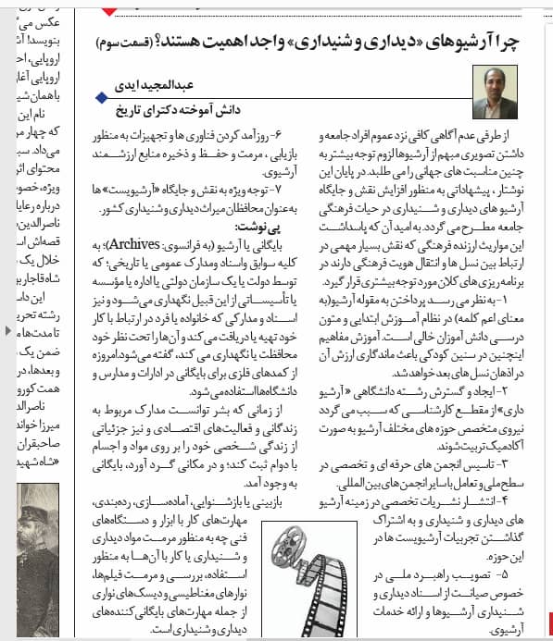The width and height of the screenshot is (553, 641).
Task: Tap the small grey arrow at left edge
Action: (8, 329)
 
